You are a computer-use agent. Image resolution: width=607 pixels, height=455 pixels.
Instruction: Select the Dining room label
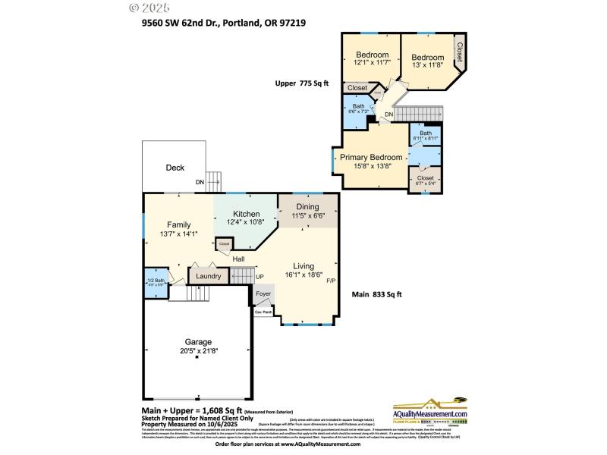point(307,206)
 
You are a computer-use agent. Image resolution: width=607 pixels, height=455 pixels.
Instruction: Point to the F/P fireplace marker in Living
point(331,281)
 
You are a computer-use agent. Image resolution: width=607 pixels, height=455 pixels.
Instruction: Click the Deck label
point(175,168)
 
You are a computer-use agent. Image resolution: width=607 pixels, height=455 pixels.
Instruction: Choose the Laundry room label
point(208,276)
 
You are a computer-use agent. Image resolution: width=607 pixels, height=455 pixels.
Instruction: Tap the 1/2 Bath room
point(155,281)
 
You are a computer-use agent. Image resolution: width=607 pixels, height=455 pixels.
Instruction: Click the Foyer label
point(263,293)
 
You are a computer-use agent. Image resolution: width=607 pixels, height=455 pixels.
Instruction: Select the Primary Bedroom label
point(371,157)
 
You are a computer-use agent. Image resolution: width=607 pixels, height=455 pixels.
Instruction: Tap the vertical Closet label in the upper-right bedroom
point(459,51)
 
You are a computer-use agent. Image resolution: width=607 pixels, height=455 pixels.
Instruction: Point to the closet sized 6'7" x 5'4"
point(425,181)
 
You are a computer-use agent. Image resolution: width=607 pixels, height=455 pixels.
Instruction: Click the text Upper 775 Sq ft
point(302,84)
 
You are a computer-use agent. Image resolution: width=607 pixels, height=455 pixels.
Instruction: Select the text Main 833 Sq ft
point(376,295)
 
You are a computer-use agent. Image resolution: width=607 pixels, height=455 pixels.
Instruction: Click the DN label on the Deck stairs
point(200,182)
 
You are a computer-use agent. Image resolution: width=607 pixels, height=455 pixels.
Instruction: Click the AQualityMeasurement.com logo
point(429,411)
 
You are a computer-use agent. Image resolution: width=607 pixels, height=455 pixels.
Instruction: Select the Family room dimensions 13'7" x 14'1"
point(179,234)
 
